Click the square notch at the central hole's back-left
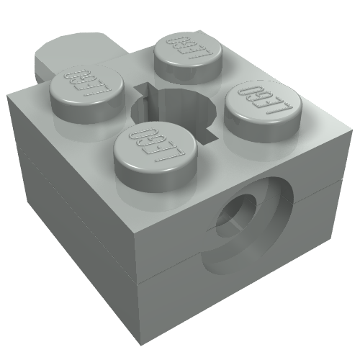[144, 90]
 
